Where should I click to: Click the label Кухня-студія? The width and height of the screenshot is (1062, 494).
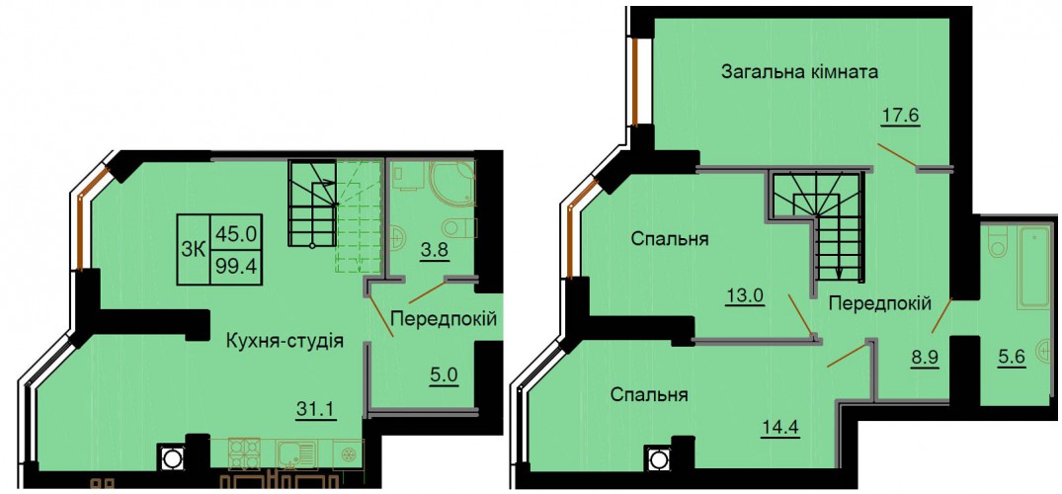[286, 341]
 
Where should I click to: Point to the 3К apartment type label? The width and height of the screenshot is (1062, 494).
[194, 249]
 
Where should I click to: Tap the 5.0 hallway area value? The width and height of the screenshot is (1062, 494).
[445, 373]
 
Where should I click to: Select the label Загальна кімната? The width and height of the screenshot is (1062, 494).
[799, 72]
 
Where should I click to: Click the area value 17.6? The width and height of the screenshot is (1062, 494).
[902, 117]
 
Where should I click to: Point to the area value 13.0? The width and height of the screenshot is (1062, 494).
[745, 295]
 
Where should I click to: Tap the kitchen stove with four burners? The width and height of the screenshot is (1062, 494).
[244, 454]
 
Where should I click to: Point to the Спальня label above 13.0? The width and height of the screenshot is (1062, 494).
[670, 239]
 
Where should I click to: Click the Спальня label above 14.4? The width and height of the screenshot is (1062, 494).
[649, 394]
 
